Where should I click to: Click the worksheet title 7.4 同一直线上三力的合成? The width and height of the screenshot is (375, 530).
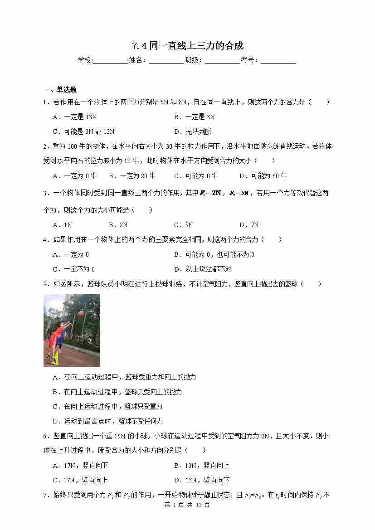(188, 46)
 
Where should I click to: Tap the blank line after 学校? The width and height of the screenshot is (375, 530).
(111, 61)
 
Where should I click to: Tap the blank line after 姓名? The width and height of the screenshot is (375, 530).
(166, 61)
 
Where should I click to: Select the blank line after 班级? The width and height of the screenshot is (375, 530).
(222, 61)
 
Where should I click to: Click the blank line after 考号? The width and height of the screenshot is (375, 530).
(278, 61)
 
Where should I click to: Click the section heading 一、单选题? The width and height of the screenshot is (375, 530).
(60, 89)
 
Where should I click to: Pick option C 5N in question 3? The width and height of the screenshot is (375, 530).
(184, 225)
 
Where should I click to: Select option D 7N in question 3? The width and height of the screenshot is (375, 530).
(249, 225)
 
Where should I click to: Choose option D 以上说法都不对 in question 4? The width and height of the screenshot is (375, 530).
(203, 269)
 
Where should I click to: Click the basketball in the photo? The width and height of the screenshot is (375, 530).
(81, 313)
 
